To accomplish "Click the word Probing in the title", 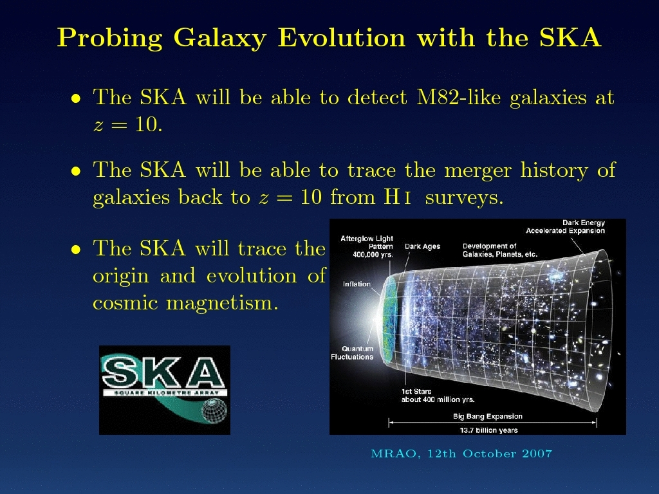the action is pos(109,38).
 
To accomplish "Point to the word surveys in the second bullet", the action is pos(464,197).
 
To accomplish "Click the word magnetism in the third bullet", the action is pos(222,303).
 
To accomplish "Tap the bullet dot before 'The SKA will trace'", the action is pos(76,250).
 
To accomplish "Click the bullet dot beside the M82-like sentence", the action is pos(76,98).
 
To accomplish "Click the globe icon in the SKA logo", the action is pos(214,410).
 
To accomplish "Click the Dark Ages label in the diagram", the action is pos(422,246).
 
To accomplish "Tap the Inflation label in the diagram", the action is pos(357,284).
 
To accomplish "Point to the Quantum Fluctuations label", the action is pos(352,353).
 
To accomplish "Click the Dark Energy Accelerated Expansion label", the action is pos(565,227).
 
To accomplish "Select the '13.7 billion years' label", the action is pos(489,430).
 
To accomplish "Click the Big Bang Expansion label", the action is pos(488,416).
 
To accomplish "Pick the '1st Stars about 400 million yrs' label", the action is pos(438,396).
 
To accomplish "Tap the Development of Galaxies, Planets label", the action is pos(500,250).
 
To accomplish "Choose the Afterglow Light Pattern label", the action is pos(367,246).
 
